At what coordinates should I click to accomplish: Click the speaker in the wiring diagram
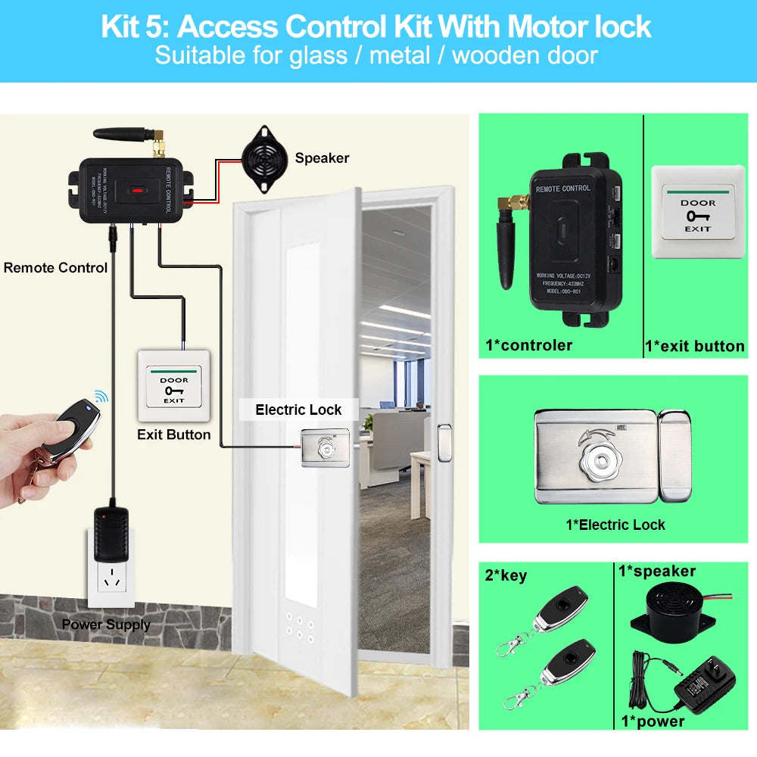pos(263,157)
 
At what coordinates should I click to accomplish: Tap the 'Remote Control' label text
pos(55,268)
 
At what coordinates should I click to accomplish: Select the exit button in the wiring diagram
pos(173,385)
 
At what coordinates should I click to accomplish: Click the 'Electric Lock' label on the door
pos(298,410)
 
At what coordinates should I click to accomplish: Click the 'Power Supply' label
pos(106,625)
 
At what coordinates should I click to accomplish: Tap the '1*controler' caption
pos(528,346)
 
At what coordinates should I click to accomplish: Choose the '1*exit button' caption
pos(694,346)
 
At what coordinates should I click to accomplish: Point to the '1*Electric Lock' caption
pos(615,525)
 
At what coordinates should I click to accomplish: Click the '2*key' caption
pos(505,575)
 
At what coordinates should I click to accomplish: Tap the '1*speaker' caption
pos(656,571)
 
